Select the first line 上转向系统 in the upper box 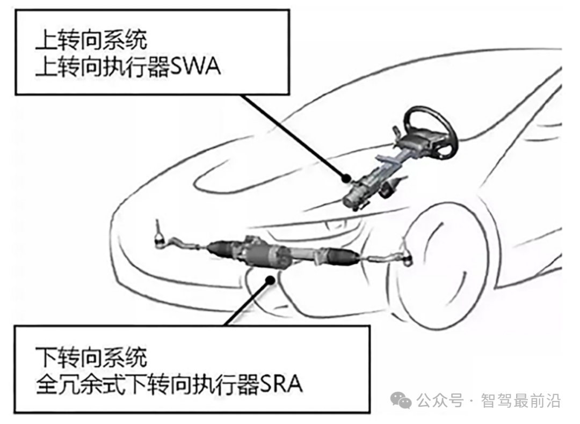coord(91,41)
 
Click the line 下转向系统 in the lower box coord(91,357)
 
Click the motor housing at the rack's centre coord(269,254)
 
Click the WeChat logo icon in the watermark coord(401,399)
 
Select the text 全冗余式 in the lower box coord(74,384)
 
